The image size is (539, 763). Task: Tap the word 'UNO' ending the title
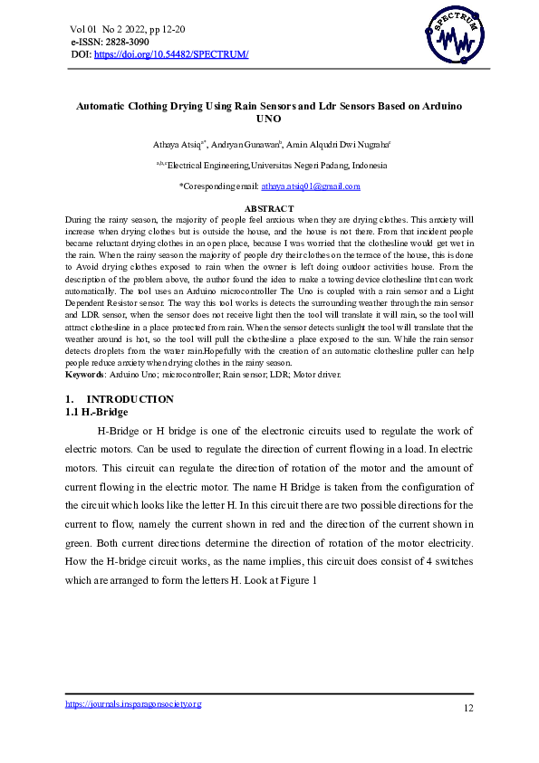point(269,119)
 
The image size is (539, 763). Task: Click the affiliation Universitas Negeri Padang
point(319,166)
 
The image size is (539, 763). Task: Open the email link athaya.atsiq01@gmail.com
point(311,186)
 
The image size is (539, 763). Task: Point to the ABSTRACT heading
point(269,209)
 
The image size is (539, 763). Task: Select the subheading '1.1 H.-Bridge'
point(96,412)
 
